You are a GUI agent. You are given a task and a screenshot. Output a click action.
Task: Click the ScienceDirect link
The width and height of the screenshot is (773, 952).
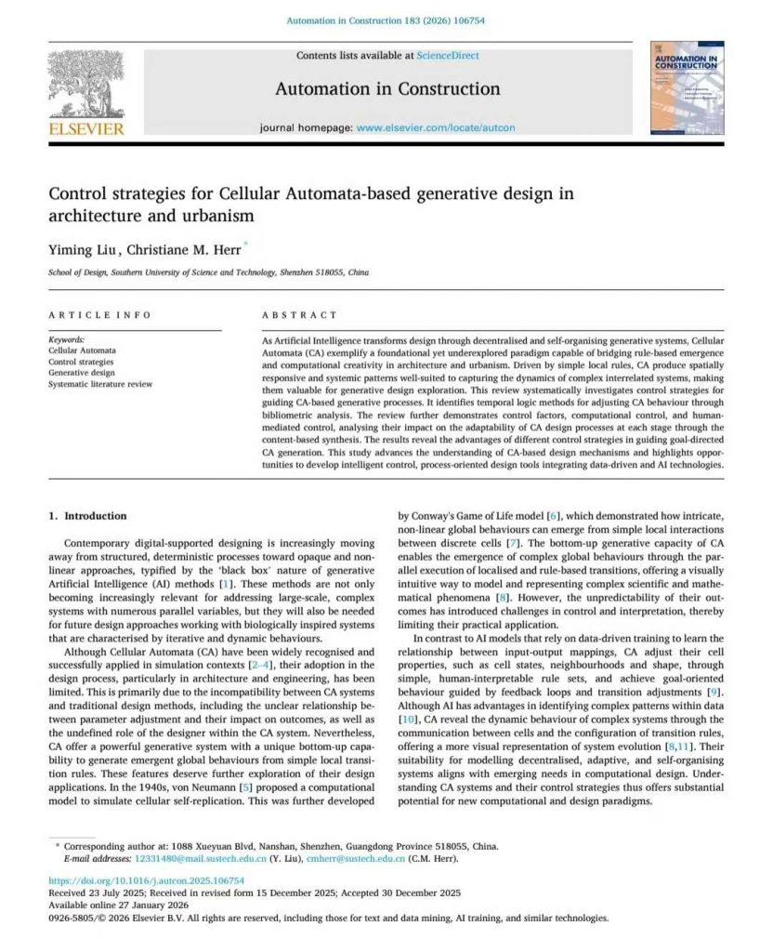[x=449, y=56]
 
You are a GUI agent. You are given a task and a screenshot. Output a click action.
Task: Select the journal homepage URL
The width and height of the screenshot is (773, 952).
[x=435, y=126]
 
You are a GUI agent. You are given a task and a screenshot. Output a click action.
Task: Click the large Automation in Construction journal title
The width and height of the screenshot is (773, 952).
[x=387, y=89]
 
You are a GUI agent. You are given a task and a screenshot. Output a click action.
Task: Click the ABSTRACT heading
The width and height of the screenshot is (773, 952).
[x=300, y=315]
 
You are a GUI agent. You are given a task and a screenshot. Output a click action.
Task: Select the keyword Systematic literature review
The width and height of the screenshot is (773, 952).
[x=100, y=384]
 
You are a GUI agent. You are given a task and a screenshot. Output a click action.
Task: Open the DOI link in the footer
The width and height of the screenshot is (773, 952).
[x=146, y=879]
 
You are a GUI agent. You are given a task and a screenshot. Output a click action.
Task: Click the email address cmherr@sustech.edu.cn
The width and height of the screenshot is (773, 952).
[x=369, y=858]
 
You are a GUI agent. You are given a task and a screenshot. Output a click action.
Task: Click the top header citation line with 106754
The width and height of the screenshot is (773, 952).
[x=386, y=20]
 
